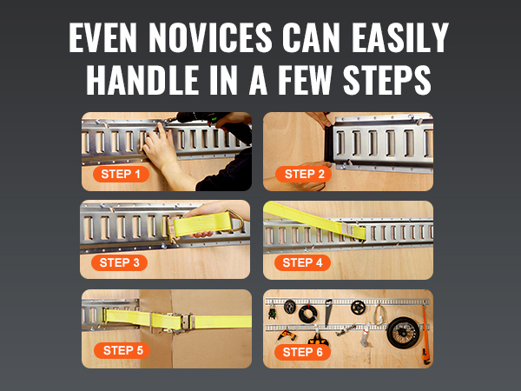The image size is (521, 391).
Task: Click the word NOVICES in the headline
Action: click(210, 37)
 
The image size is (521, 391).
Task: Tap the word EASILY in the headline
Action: click(400, 37)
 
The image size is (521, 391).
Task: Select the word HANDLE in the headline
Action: click(142, 80)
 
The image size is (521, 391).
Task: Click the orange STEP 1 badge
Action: click(121, 174)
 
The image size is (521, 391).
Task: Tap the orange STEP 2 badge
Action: click(304, 174)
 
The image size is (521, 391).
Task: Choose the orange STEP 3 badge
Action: click(119, 262)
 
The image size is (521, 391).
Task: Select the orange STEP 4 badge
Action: click(302, 262)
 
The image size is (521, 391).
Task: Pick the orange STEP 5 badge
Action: click(122, 350)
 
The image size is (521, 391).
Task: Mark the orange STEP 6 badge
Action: click(302, 352)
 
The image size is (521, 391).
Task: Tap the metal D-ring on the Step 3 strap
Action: click(237, 221)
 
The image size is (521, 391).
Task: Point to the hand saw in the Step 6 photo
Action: click(327, 312)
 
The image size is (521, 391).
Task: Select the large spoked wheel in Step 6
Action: click(403, 333)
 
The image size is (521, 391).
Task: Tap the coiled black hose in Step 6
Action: click(307, 314)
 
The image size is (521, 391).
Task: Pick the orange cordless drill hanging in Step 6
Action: click(287, 335)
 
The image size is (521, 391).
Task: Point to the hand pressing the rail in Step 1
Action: click(159, 146)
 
